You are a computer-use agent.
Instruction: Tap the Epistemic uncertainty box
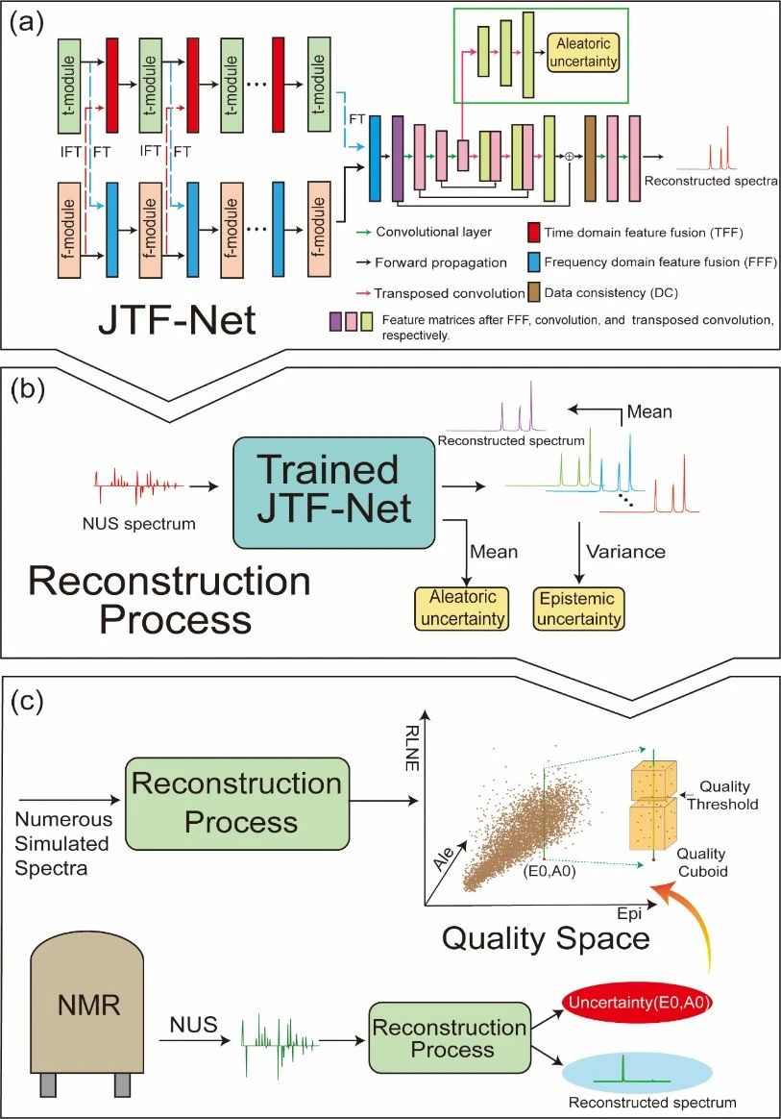[577, 608]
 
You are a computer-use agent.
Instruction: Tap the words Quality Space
[546, 935]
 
